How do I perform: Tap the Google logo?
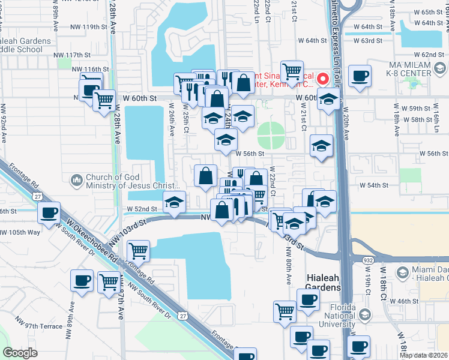coord(20,353)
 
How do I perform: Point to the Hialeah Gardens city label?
coord(324,283)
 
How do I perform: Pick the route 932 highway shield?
coord(367,259)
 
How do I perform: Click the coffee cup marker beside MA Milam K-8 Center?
coord(360,76)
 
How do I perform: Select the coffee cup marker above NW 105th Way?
coord(49,212)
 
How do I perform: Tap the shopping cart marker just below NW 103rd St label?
coord(138,250)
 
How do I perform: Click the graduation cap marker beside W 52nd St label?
coord(174,203)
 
